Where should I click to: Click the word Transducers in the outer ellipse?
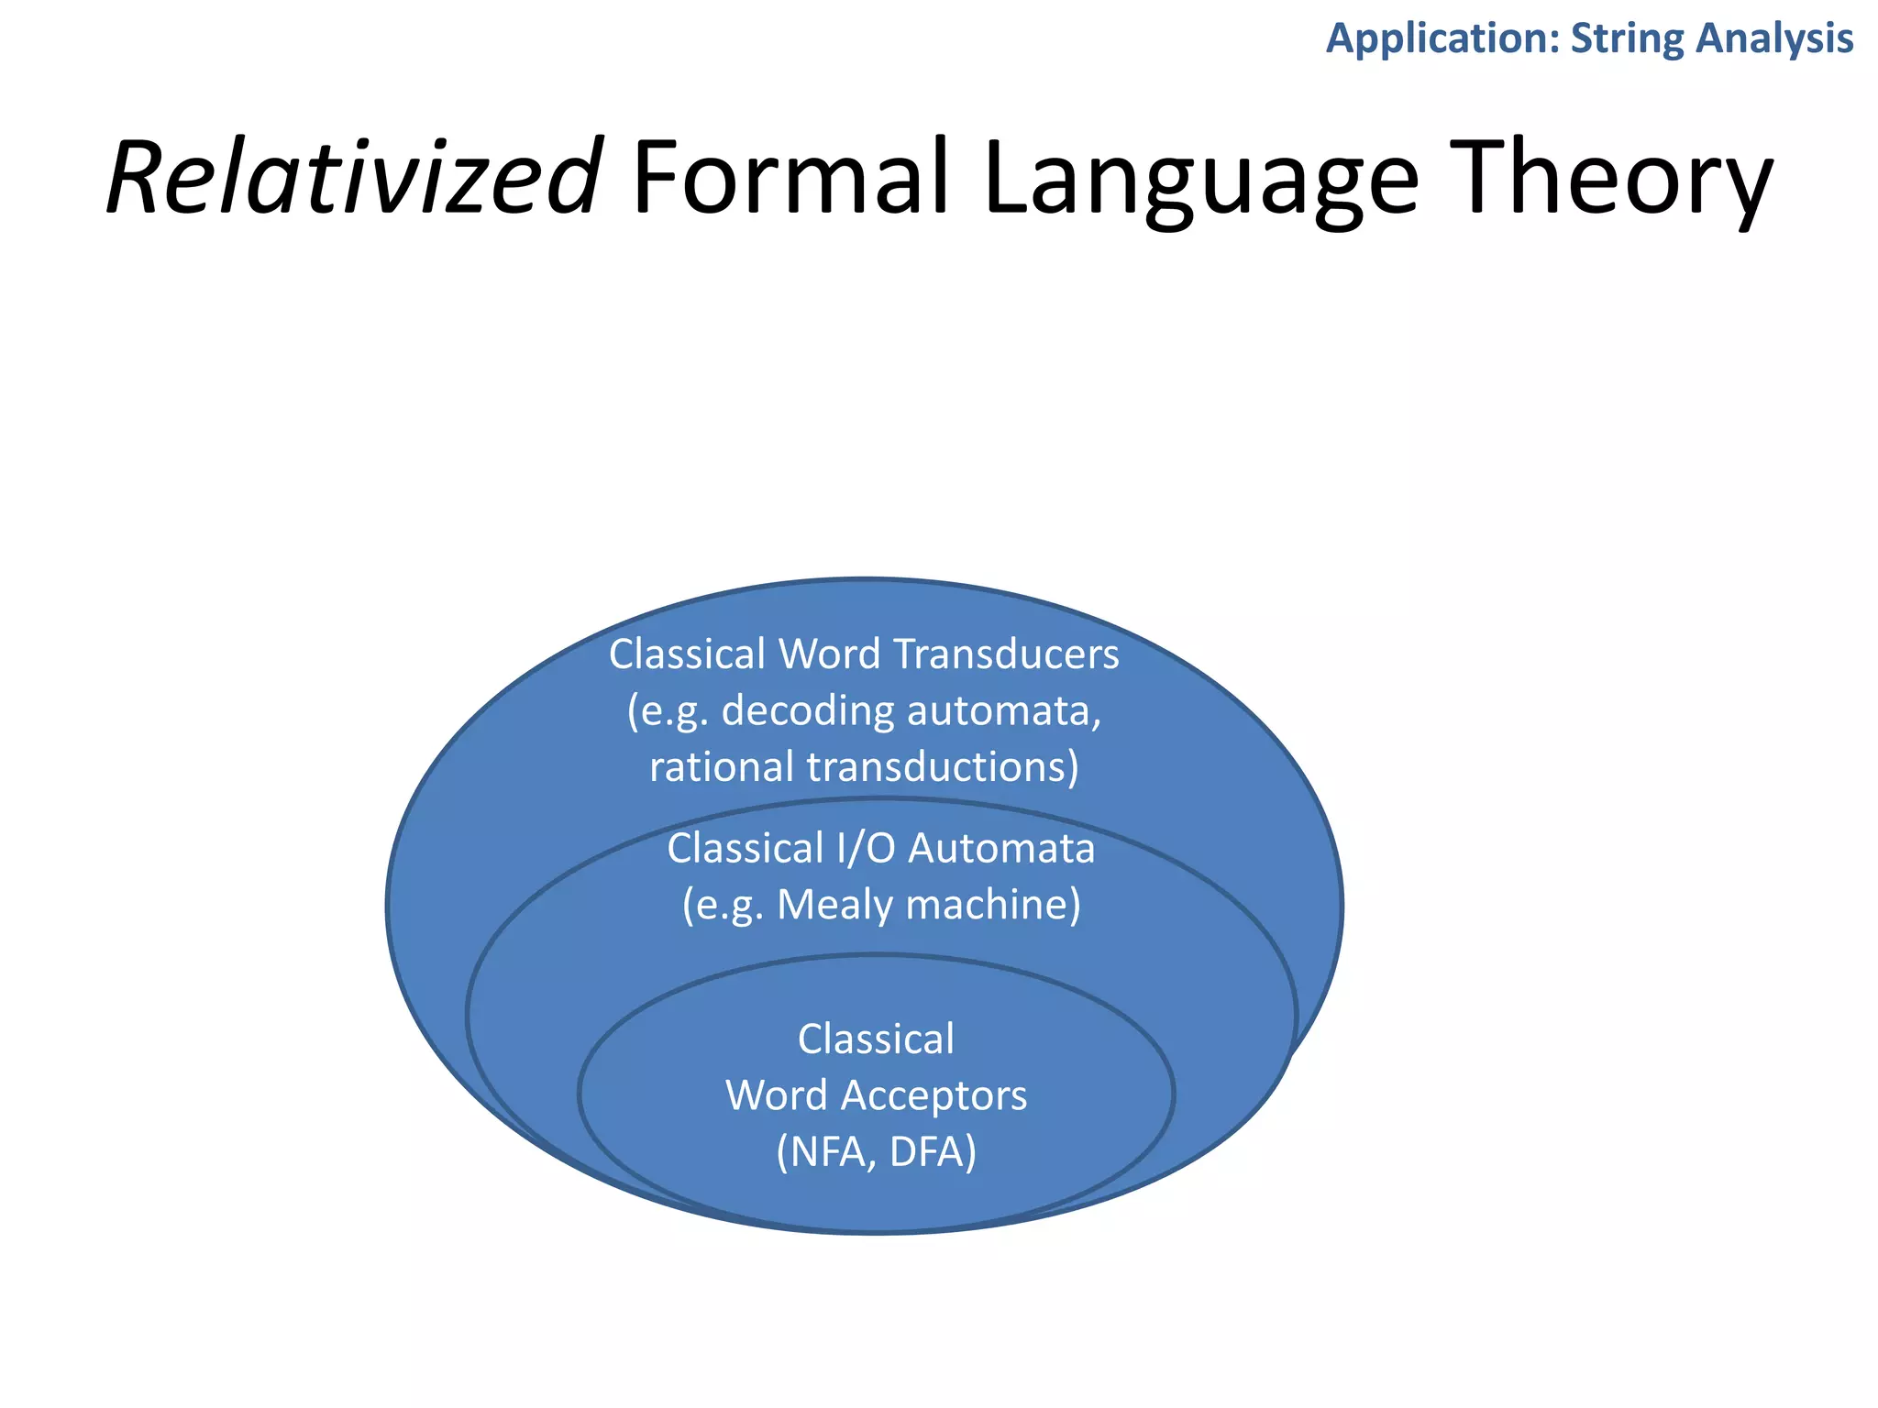point(1006,654)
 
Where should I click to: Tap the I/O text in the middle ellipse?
point(866,849)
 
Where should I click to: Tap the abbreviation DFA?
point(932,1152)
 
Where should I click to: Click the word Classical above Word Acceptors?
point(876,1039)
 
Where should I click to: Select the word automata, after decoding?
point(1003,711)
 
